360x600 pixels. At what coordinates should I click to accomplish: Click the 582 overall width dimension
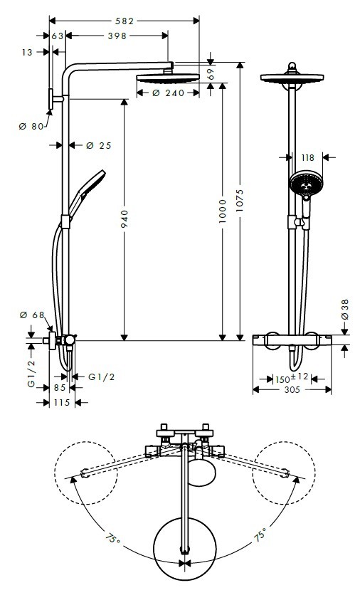(125, 21)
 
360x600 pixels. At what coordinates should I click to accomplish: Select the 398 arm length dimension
(117, 36)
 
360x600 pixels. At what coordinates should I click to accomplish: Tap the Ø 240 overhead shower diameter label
(168, 93)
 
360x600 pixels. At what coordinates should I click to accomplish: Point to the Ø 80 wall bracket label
(31, 126)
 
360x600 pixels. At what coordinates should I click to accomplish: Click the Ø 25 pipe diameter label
(98, 145)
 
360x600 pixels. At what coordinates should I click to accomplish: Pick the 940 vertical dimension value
(125, 219)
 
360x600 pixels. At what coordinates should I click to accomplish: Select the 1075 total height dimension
(240, 200)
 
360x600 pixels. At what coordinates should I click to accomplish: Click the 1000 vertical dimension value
(223, 211)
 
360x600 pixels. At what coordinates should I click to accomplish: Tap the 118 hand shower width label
(307, 158)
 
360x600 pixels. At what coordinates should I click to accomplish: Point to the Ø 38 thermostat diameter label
(344, 309)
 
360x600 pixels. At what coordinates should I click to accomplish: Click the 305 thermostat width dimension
(292, 390)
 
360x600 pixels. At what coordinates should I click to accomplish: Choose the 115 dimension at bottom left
(62, 403)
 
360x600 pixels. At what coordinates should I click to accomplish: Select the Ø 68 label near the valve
(32, 315)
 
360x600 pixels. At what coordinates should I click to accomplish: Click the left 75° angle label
(113, 539)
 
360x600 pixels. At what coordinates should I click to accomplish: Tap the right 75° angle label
(260, 535)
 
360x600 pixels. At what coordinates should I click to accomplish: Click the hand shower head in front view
(306, 185)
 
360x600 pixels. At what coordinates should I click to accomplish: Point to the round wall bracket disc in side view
(51, 99)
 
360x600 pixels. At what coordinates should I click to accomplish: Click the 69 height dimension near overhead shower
(210, 74)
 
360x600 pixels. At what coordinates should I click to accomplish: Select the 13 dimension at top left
(27, 52)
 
